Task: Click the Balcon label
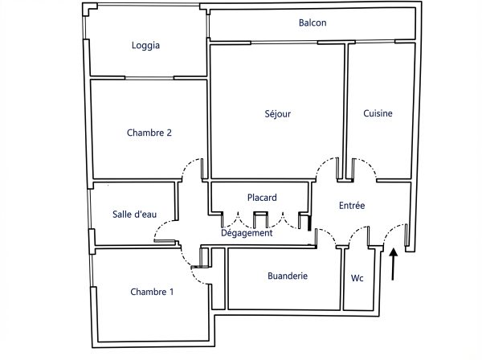click(x=312, y=22)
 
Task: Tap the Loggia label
click(x=145, y=46)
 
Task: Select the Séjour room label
click(x=277, y=114)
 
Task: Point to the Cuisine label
click(x=378, y=114)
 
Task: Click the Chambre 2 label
click(x=149, y=133)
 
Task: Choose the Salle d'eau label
click(x=133, y=215)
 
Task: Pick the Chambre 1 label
click(x=152, y=292)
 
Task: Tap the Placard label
click(x=262, y=198)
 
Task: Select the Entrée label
click(x=352, y=206)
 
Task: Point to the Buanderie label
click(x=288, y=276)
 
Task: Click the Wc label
click(x=357, y=279)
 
